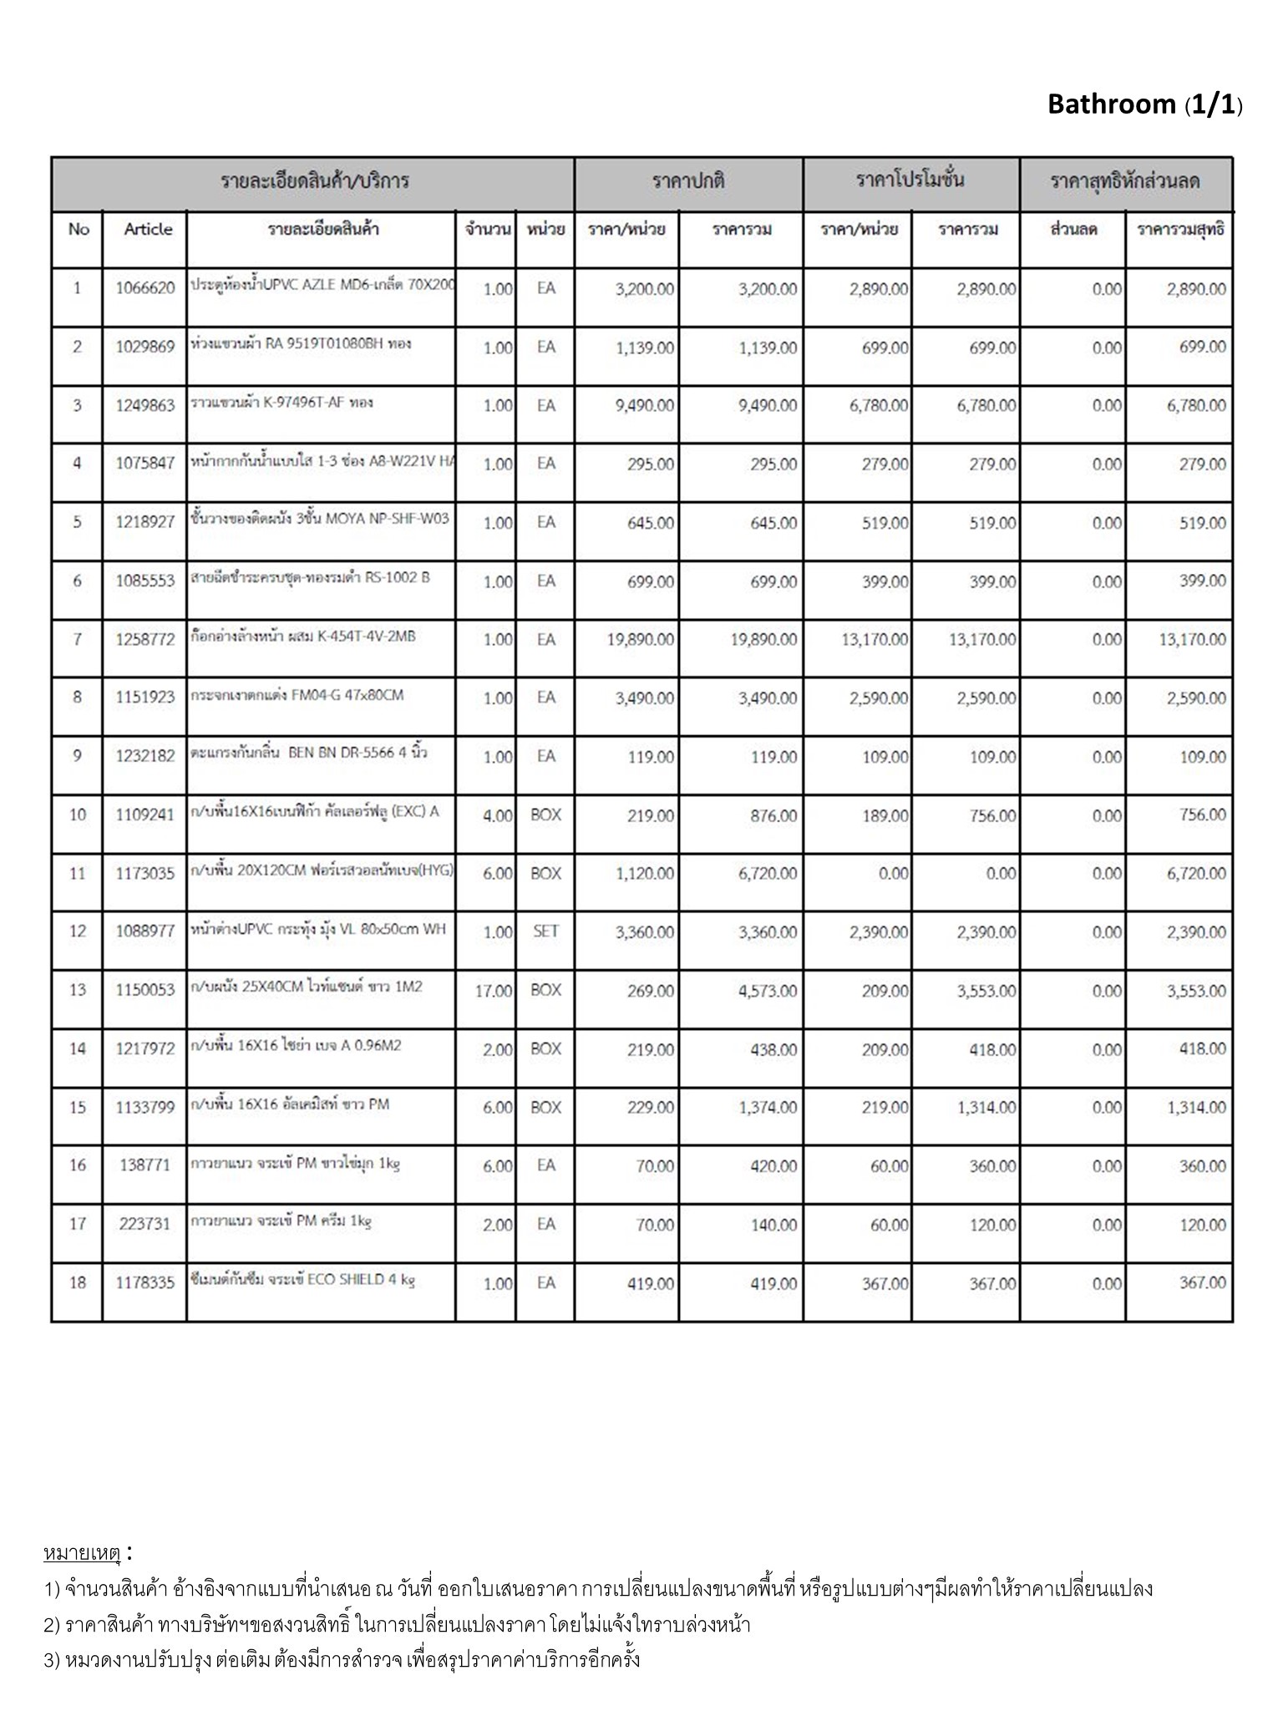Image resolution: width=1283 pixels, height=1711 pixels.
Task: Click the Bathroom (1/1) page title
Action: [x=1144, y=104]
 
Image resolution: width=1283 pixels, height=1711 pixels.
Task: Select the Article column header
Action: [x=148, y=229]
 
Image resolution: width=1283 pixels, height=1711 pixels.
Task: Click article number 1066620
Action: [x=145, y=288]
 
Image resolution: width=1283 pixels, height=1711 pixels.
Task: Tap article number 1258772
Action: [x=145, y=640]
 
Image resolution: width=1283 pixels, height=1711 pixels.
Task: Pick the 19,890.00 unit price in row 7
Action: [x=641, y=640]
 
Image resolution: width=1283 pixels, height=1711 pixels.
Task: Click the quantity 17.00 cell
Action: [x=493, y=991]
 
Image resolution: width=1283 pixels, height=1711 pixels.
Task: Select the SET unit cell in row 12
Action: [x=545, y=932]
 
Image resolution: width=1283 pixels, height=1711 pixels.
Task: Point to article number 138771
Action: [x=145, y=1165]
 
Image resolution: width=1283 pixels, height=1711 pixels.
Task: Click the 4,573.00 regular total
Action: [x=767, y=991]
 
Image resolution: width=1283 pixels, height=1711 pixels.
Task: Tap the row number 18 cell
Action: [x=78, y=1282]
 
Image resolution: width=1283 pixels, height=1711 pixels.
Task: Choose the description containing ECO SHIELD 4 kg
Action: [x=302, y=1280]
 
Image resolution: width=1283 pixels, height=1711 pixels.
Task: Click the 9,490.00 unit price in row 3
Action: [x=644, y=406]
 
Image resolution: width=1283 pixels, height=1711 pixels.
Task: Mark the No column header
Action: [x=79, y=229]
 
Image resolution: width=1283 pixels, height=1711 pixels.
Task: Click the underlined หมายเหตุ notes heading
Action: [x=82, y=1554]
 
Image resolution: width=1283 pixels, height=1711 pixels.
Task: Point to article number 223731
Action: [x=145, y=1224]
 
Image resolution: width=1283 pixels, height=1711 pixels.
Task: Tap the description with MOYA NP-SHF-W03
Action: [x=319, y=519]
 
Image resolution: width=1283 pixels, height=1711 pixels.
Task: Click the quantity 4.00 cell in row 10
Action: [x=497, y=815]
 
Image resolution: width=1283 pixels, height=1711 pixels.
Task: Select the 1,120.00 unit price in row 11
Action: [x=644, y=874]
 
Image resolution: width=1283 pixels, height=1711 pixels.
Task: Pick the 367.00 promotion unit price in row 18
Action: [x=885, y=1283]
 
